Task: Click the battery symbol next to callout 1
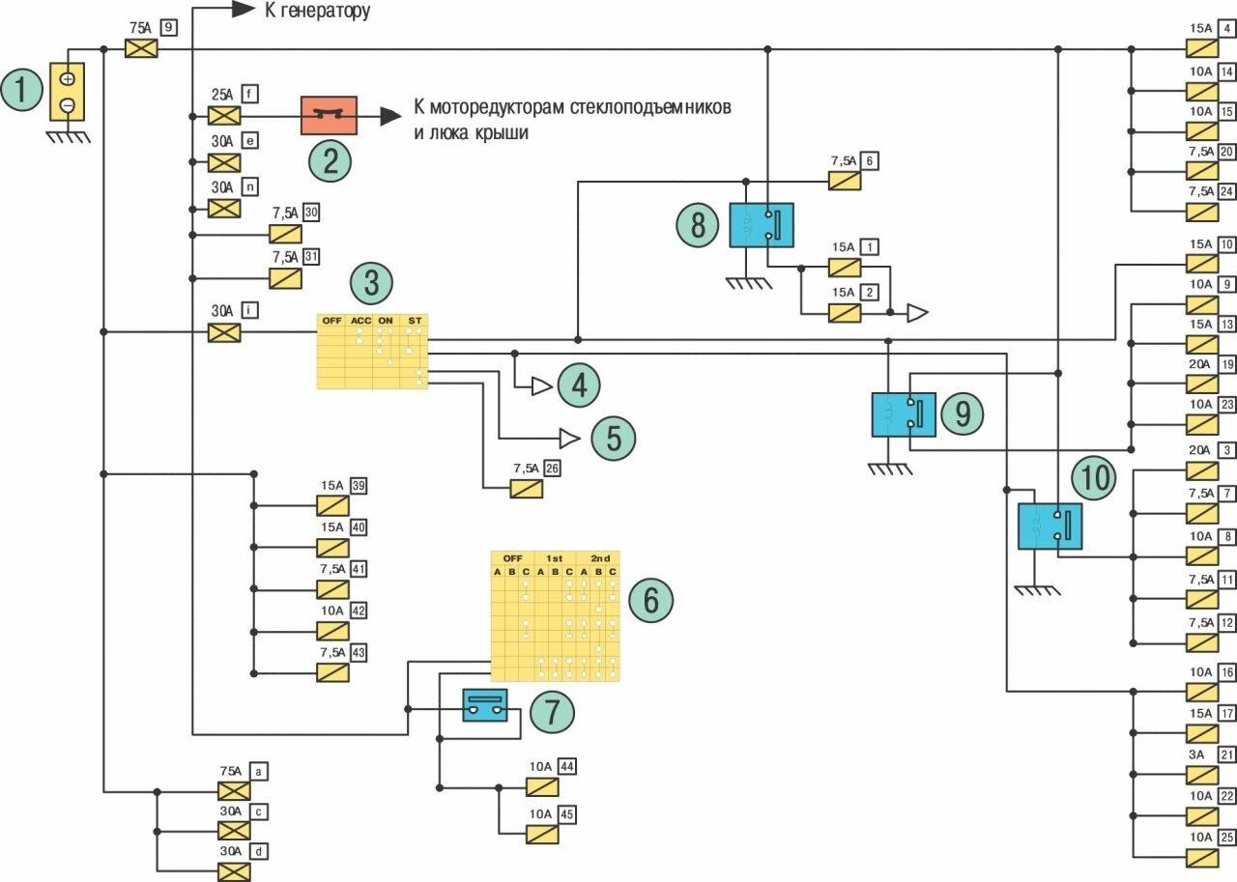click(x=68, y=92)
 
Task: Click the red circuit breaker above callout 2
click(x=330, y=116)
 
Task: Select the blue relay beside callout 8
click(x=761, y=225)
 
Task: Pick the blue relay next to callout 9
click(x=904, y=414)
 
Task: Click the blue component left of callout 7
click(x=485, y=705)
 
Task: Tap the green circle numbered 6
click(x=650, y=600)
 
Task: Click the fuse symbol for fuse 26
click(x=527, y=489)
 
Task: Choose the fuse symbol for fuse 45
click(x=542, y=834)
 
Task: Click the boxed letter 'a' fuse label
click(x=259, y=771)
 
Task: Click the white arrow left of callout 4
click(x=540, y=387)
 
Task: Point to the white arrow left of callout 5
click(x=569, y=439)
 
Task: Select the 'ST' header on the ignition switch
click(x=415, y=320)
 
